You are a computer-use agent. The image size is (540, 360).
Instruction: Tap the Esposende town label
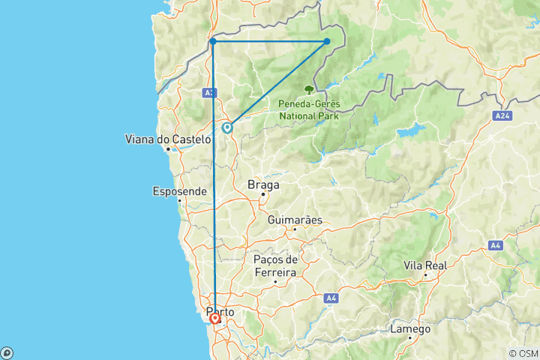click(179, 191)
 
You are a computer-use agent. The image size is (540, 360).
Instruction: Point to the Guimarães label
click(295, 220)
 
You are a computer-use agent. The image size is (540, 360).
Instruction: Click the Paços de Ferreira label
click(274, 265)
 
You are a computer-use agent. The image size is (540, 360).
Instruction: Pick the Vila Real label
click(425, 265)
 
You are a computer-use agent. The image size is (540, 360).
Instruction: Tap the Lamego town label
click(410, 329)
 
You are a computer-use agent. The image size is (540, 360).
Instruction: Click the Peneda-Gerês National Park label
click(308, 109)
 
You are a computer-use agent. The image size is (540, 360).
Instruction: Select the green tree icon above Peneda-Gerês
click(309, 89)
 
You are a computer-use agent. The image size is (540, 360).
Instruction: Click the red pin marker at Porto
click(215, 319)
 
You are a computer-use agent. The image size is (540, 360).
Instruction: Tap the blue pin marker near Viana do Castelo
click(226, 128)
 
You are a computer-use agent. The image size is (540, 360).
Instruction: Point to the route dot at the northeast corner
click(328, 41)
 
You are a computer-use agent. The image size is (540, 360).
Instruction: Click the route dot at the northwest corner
click(213, 41)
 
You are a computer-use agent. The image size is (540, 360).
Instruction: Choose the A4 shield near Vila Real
click(495, 244)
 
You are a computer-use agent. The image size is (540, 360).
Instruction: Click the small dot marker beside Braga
click(263, 195)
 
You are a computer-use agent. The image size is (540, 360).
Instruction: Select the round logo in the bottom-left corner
click(6, 352)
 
